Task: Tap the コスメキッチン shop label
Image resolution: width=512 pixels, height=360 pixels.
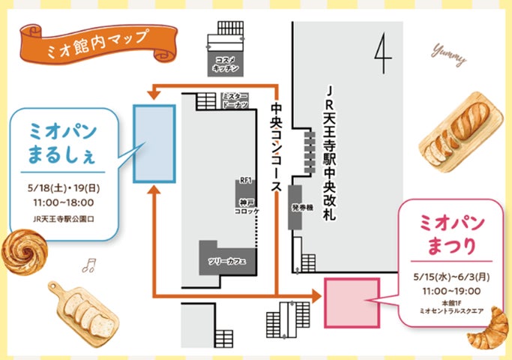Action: (x=226, y=64)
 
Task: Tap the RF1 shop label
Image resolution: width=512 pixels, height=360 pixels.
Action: (x=245, y=181)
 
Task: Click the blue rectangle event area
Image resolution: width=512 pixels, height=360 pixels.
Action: (x=154, y=143)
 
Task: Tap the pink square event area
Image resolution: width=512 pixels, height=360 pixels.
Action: (x=352, y=301)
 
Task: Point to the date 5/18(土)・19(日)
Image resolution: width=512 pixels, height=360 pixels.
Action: (x=64, y=188)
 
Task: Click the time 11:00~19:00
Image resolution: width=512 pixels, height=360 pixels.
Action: (x=451, y=289)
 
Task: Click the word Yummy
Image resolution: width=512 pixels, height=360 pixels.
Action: (x=449, y=54)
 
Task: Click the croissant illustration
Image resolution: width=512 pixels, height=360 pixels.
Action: (x=488, y=328)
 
